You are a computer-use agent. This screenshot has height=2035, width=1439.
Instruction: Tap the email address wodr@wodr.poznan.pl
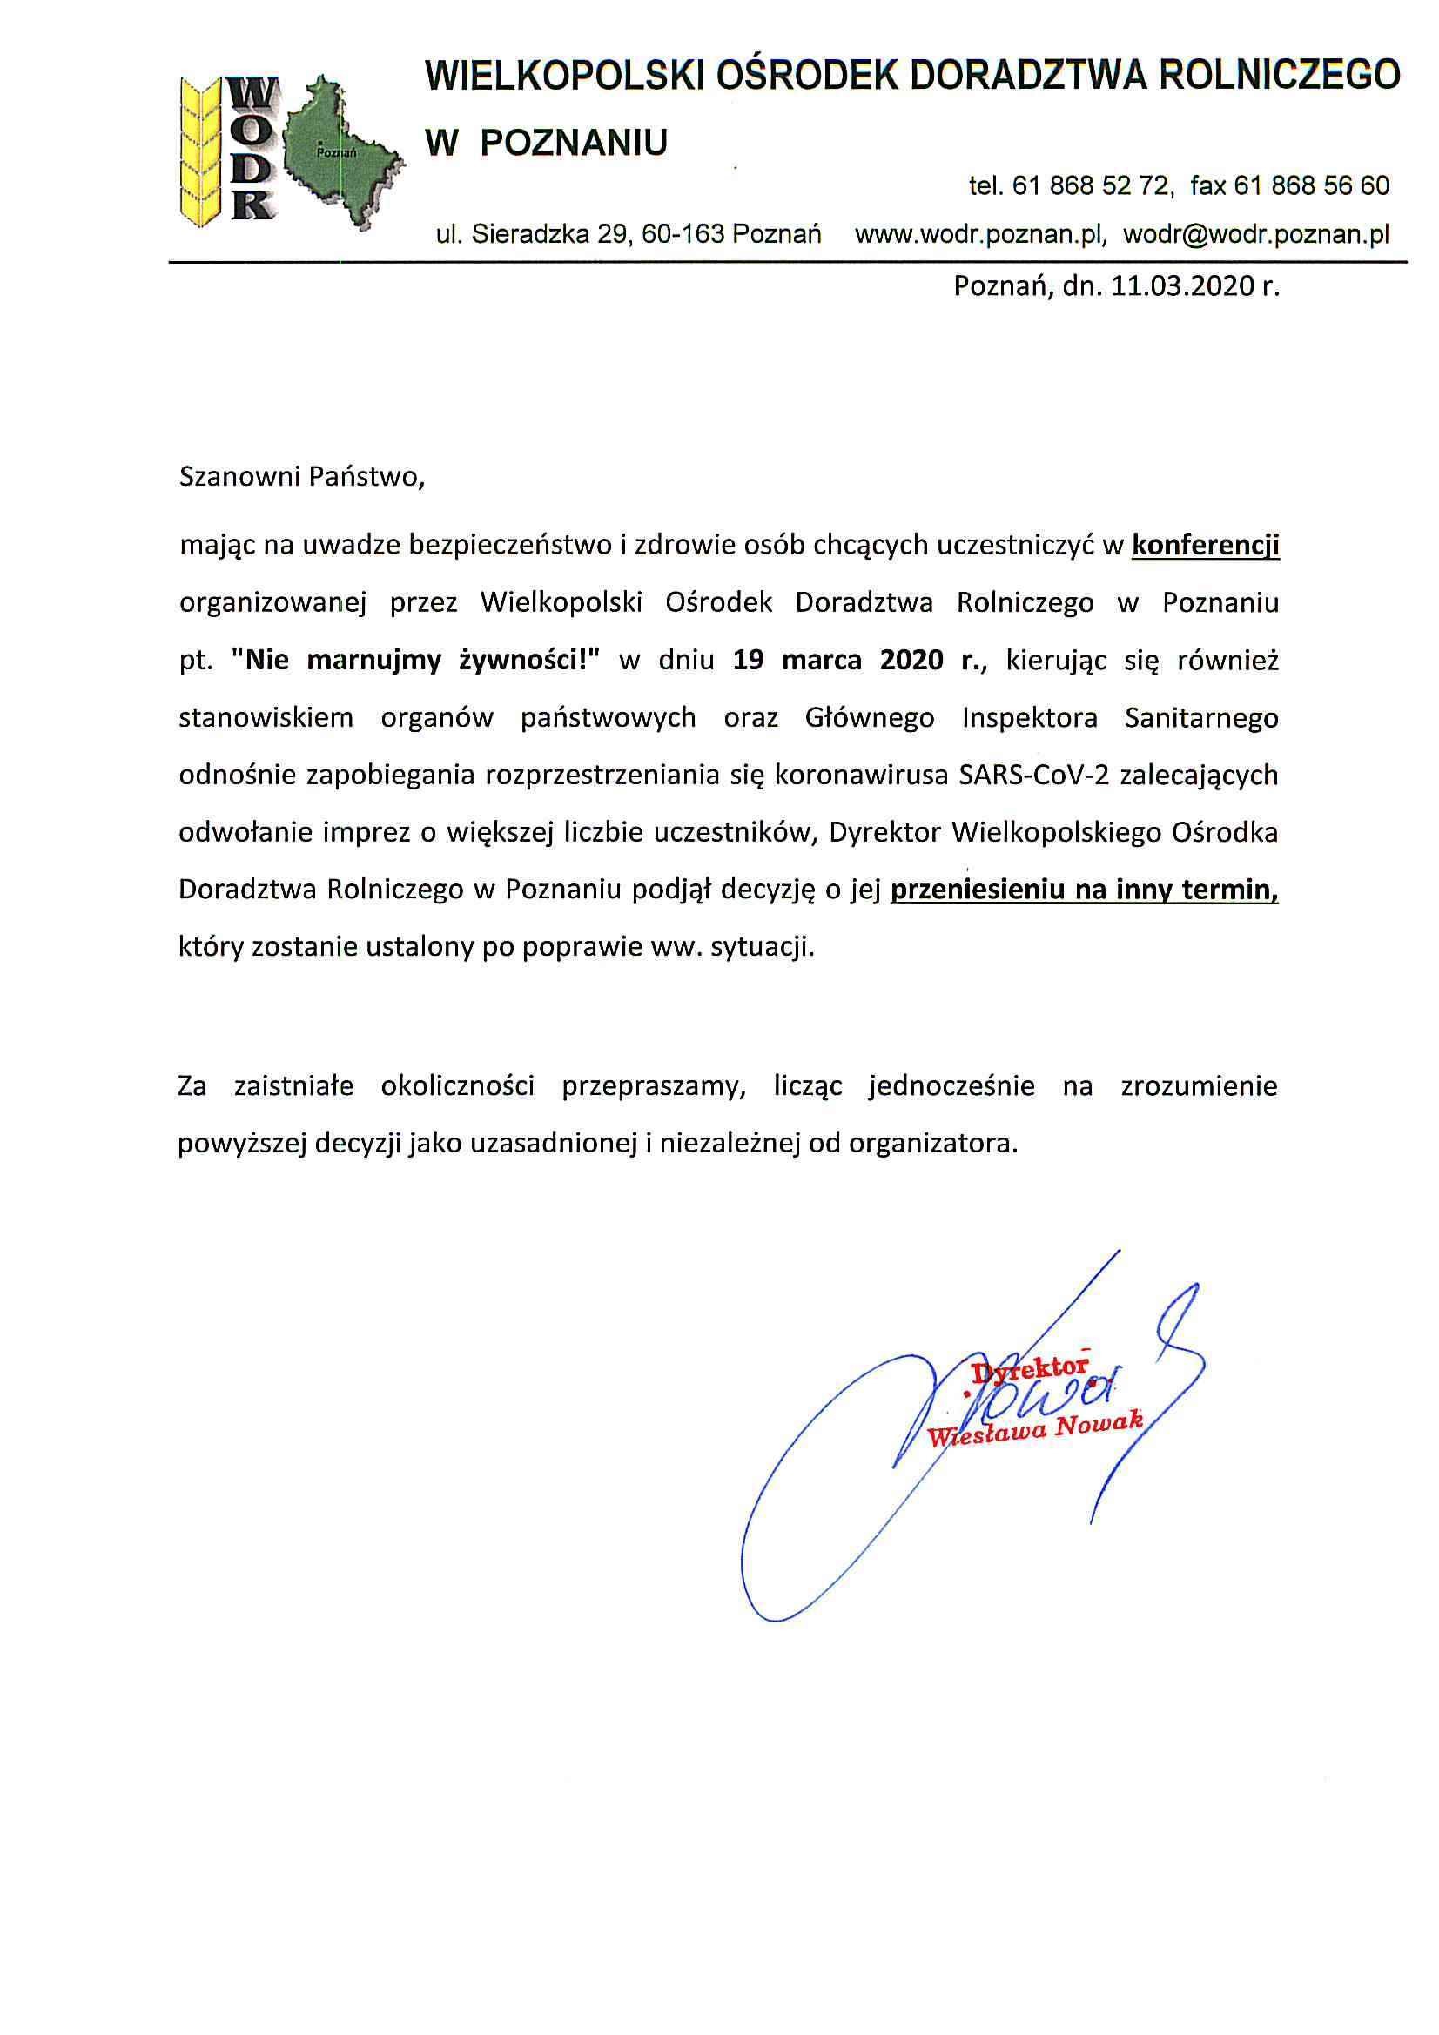coord(1255,234)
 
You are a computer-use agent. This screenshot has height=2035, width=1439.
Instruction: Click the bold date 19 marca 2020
coord(837,661)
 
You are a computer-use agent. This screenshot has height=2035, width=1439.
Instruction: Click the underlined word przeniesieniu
coord(977,889)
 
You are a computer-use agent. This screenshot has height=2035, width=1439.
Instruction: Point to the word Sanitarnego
coord(1200,717)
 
